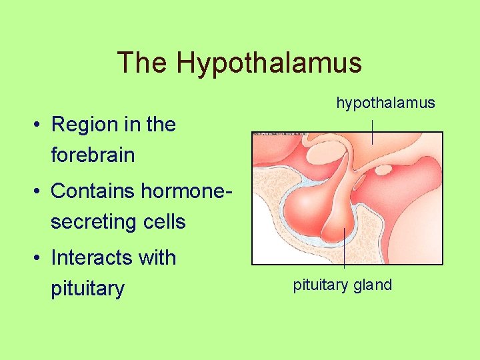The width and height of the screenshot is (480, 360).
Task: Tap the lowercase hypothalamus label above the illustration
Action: pyautogui.click(x=385, y=103)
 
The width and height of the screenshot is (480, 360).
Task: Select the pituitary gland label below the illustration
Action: pyautogui.click(x=342, y=285)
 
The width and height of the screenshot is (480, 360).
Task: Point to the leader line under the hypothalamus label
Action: pyautogui.click(x=373, y=129)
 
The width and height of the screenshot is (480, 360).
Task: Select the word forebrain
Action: pyautogui.click(x=93, y=156)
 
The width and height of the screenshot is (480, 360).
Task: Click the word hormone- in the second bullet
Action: pyautogui.click(x=187, y=191)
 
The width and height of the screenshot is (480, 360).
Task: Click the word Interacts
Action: pyautogui.click(x=90, y=257)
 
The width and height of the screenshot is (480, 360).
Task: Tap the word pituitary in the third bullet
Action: pyautogui.click(x=87, y=289)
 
